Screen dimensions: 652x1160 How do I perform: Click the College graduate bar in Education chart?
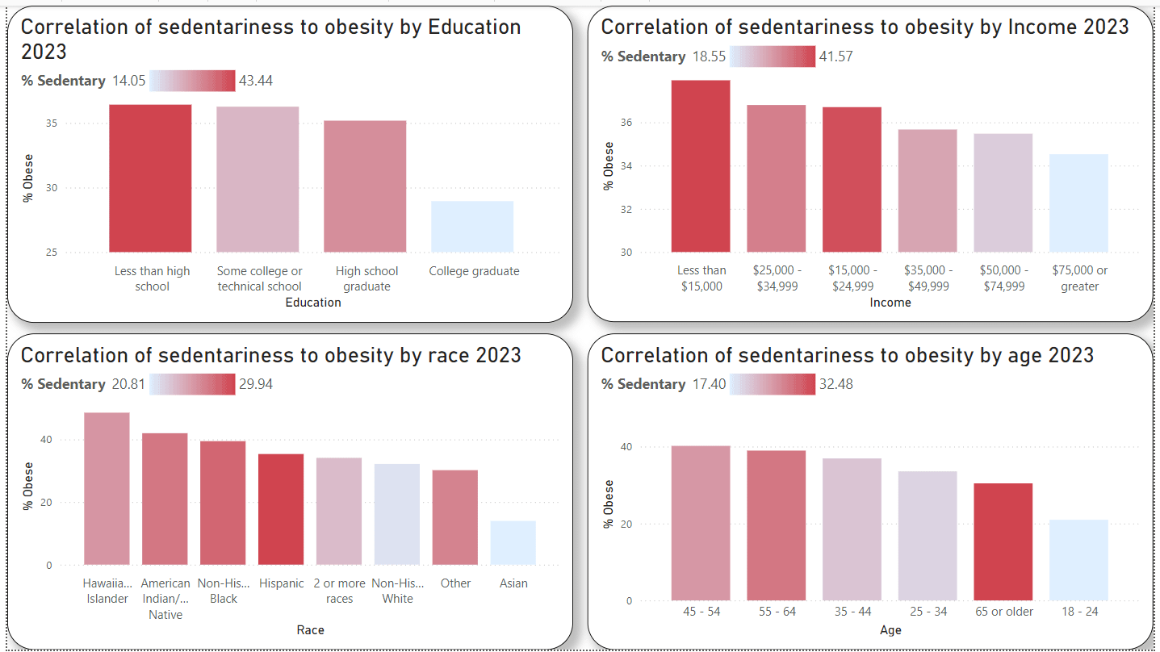472,227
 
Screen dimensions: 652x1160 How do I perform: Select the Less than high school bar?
150,178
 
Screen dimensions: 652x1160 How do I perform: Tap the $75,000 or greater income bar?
1078,203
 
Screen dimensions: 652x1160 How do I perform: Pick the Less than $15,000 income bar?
701,166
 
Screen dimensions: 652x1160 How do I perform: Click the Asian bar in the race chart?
513,543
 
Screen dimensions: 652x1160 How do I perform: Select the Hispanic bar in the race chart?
281,509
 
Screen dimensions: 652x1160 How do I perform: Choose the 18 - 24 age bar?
1078,560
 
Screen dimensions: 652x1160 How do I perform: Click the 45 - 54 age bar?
701,523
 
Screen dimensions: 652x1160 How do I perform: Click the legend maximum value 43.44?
256,81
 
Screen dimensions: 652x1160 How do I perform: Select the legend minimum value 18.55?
708,56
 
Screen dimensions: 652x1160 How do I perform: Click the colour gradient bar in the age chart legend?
773,384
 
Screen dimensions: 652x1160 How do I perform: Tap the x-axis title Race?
310,629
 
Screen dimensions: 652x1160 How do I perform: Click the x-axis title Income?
890,303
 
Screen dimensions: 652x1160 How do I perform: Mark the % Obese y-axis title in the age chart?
609,504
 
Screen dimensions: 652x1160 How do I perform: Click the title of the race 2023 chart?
271,355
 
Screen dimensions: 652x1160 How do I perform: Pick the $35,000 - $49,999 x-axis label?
928,278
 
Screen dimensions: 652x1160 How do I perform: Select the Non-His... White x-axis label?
397,591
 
